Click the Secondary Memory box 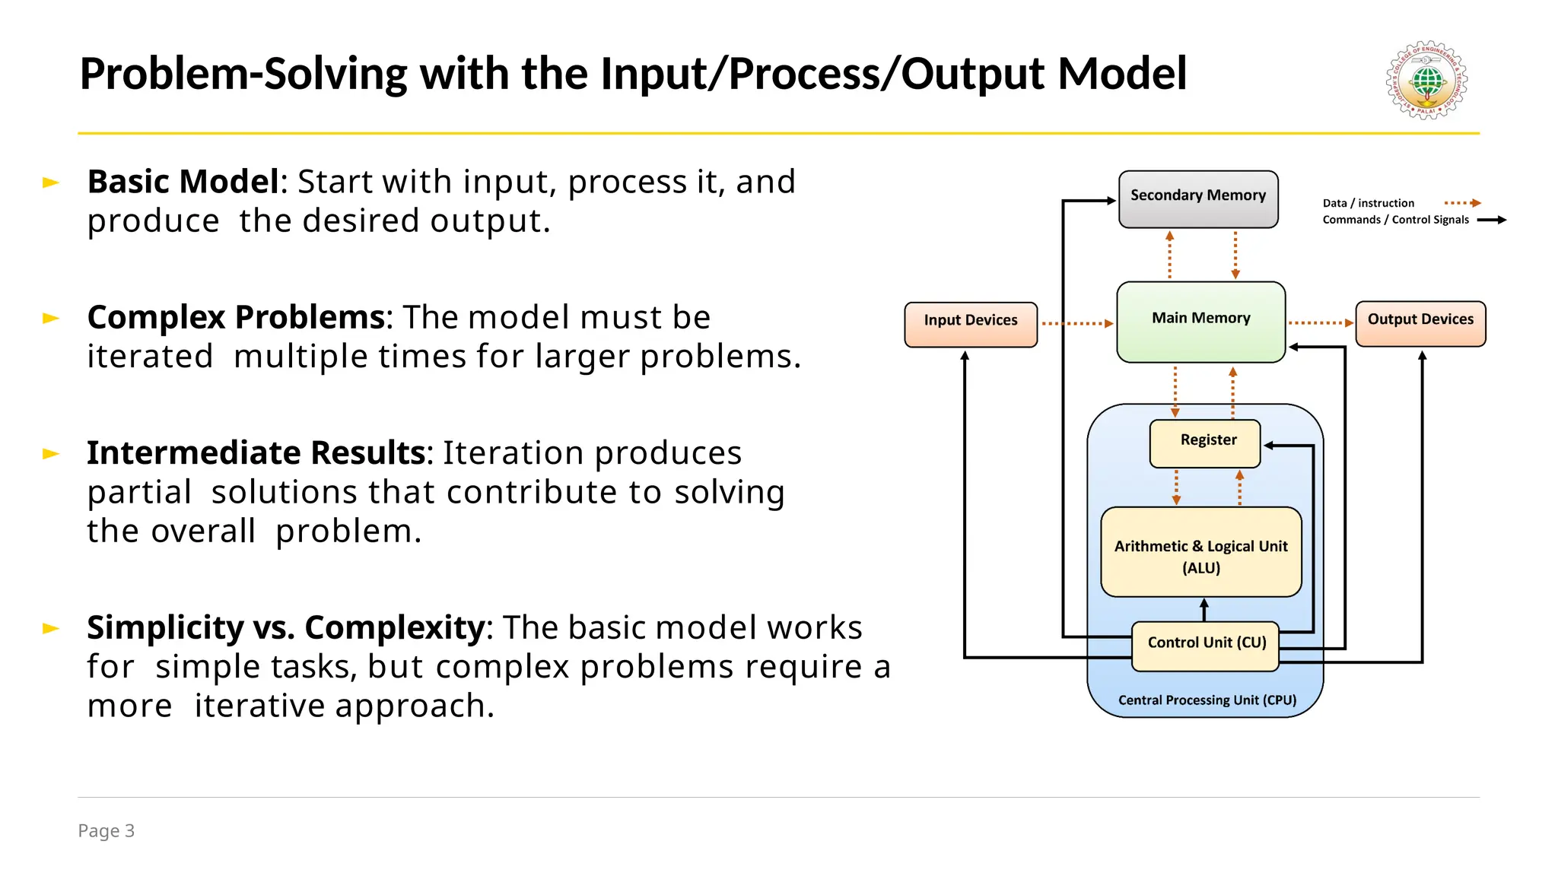click(1198, 198)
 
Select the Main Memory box click(1200, 322)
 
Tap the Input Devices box click(971, 324)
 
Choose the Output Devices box click(1420, 323)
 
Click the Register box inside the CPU click(1205, 443)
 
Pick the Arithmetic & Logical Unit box click(1201, 552)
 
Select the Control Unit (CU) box click(1205, 646)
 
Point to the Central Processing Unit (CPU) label click(1207, 700)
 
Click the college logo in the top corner click(1427, 80)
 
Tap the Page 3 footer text click(106, 830)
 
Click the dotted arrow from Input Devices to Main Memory click(1076, 324)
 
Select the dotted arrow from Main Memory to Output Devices click(1320, 323)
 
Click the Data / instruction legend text click(1368, 203)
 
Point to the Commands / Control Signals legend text click(1395, 220)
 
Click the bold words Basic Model click(183, 182)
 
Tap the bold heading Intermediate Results click(255, 452)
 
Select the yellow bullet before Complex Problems click(51, 318)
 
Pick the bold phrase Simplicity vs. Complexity click(285, 627)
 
